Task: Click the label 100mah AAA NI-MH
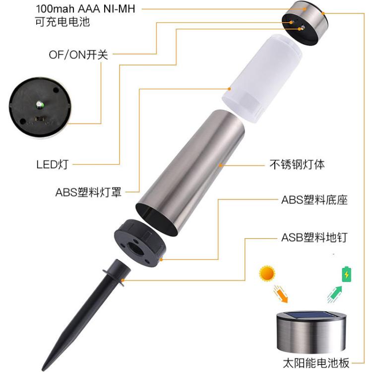[x=85, y=9]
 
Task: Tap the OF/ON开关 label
[x=78, y=55]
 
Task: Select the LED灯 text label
[x=53, y=164]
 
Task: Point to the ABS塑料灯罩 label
[x=88, y=192]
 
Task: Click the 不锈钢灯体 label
[x=297, y=164]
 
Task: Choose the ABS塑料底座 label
[x=314, y=200]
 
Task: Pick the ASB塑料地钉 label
[x=314, y=238]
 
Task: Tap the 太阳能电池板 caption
[x=316, y=363]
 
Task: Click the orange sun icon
[x=267, y=273]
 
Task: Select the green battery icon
[x=346, y=274]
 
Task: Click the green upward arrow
[x=335, y=294]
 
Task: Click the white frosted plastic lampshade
[x=262, y=78]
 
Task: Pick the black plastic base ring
[x=140, y=243]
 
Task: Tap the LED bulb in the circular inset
[x=39, y=104]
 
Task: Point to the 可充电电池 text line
[x=62, y=22]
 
